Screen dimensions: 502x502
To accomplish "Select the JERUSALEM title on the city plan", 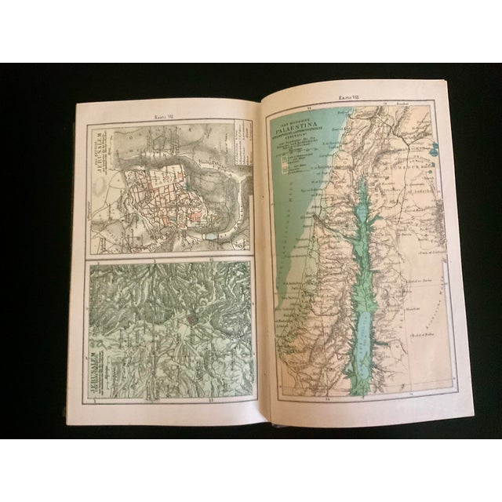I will [x=102, y=153].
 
